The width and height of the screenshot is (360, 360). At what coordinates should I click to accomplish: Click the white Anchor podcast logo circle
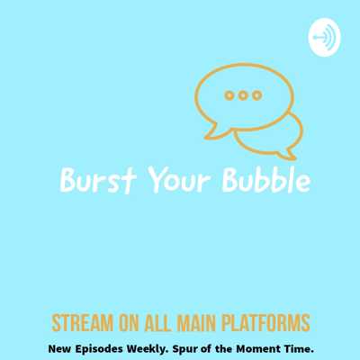(324, 37)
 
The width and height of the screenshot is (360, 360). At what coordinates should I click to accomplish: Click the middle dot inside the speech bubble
(243, 95)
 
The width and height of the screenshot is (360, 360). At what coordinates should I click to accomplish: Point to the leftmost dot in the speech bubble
(229, 95)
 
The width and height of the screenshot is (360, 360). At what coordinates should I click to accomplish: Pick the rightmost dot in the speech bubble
(256, 95)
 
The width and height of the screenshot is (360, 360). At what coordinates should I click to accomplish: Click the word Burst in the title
(98, 181)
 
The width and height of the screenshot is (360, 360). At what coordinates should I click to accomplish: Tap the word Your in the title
(179, 181)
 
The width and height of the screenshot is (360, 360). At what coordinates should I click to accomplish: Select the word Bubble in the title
(266, 180)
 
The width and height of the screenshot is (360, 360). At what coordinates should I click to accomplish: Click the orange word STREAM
(83, 323)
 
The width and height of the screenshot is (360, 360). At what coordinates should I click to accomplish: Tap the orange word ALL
(158, 323)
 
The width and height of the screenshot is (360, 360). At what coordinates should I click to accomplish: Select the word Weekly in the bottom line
(148, 349)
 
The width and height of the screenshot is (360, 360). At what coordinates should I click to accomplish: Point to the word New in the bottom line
(60, 349)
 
